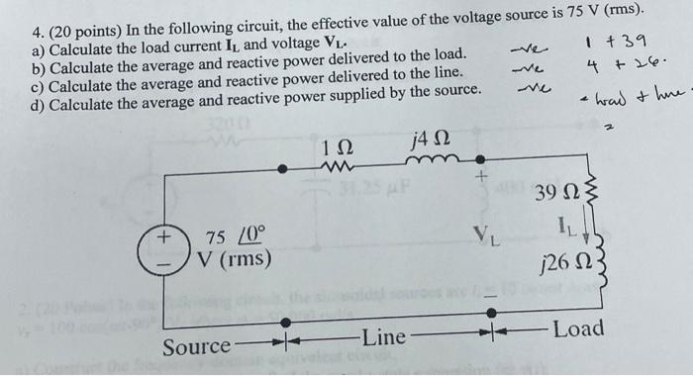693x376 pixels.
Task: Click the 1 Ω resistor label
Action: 334,148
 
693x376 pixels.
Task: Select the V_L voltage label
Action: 485,237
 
